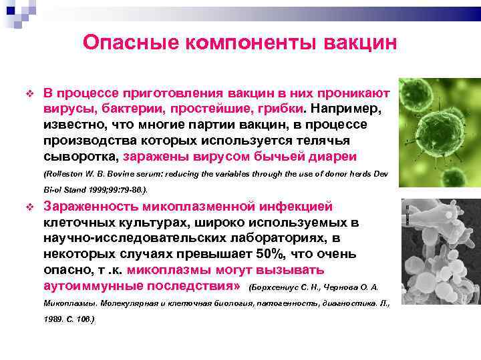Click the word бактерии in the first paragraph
click(128, 109)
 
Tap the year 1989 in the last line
click(56, 319)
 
